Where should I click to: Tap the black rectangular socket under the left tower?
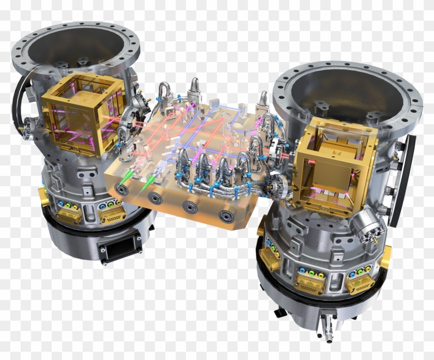point(120,249)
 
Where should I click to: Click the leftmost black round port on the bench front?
point(122,189)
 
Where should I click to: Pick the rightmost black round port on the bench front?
point(225,216)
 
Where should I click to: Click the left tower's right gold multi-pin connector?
point(113,217)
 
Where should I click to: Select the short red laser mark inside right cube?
point(311,162)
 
